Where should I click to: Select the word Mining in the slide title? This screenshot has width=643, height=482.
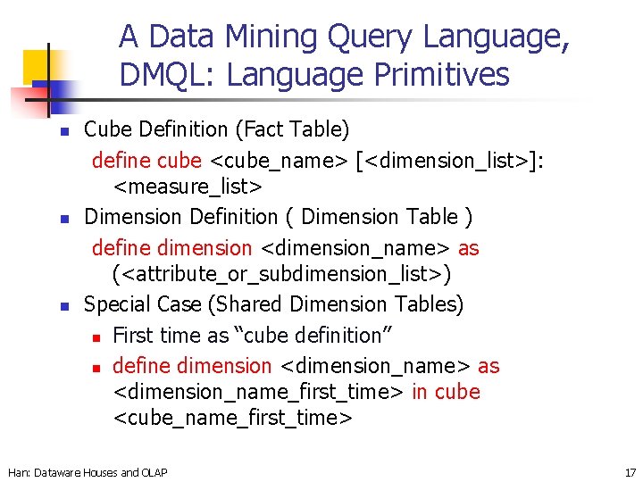(265, 37)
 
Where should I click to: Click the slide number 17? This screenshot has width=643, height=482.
(630, 472)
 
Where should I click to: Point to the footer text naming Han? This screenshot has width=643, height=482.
(87, 472)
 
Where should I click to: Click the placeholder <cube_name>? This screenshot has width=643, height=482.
(280, 161)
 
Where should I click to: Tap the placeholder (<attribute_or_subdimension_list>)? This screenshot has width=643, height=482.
(282, 273)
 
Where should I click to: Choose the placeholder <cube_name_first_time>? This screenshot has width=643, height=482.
(233, 418)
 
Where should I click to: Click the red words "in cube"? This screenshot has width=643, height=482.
(446, 392)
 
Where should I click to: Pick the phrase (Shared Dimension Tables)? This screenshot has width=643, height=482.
(336, 304)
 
